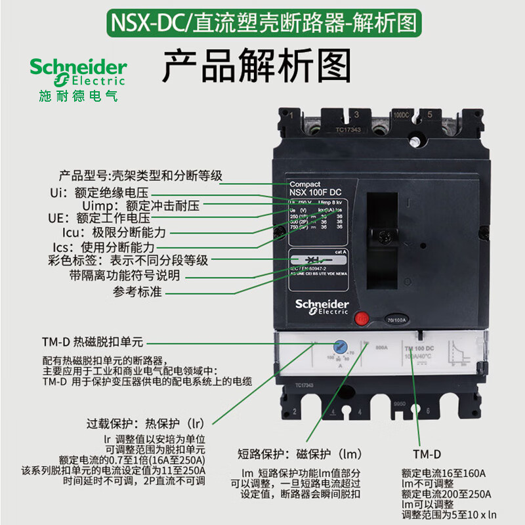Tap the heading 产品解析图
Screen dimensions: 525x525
tap(257, 68)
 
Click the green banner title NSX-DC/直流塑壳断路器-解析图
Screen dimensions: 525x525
tap(262, 23)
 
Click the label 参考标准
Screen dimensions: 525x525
tap(137, 291)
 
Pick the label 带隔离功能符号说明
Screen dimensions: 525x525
tap(124, 276)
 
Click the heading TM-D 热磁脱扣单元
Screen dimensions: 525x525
tap(92, 342)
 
